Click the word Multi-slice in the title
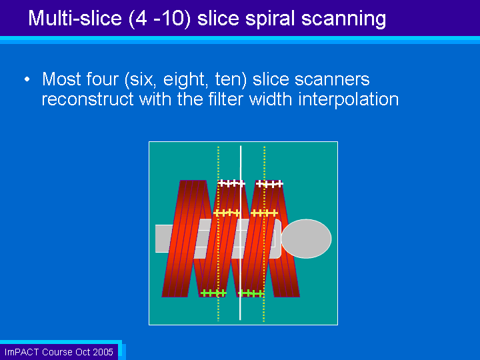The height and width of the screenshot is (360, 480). (75, 18)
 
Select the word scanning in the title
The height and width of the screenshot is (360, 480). (343, 19)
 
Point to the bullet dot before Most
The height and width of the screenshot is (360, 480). (27, 79)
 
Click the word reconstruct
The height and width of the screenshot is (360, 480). (88, 99)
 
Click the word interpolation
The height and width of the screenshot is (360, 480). (349, 99)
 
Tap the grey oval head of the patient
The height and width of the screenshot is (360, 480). (306, 239)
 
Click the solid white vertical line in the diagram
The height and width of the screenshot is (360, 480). (241, 233)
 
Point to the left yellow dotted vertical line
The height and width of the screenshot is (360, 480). (218, 234)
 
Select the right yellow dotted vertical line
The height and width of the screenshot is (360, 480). (264, 234)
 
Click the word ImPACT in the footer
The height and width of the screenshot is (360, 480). (22, 352)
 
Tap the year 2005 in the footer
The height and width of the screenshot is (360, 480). (103, 352)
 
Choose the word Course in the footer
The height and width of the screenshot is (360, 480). (57, 352)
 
